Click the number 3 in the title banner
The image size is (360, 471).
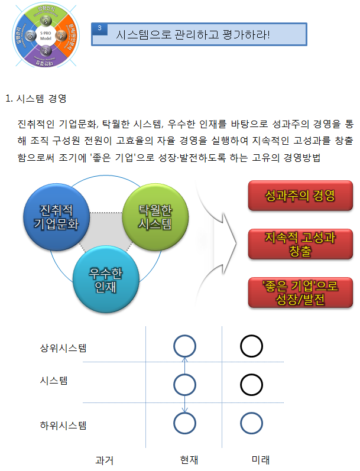pyautogui.click(x=100, y=28)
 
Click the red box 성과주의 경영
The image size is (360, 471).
pyautogui.click(x=300, y=196)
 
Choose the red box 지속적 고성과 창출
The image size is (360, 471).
pyautogui.click(x=300, y=244)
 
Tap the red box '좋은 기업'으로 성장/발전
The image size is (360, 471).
pyautogui.click(x=300, y=293)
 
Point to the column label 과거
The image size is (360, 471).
pyautogui.click(x=104, y=459)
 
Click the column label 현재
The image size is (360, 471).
pyautogui.click(x=189, y=459)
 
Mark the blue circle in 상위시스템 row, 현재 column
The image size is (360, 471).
pyautogui.click(x=185, y=346)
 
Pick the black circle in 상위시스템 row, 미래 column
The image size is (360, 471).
pyautogui.click(x=251, y=346)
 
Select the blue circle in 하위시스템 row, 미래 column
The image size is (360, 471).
pyautogui.click(x=251, y=423)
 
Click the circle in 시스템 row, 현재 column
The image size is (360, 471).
pyautogui.click(x=185, y=385)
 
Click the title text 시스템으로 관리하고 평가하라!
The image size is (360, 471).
pyautogui.click(x=193, y=34)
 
